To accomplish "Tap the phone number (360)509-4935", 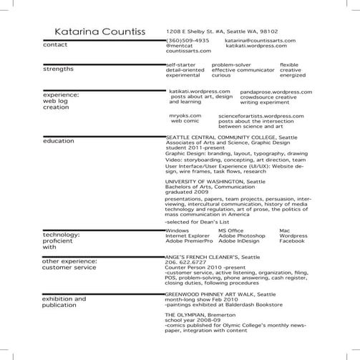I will point(188,41).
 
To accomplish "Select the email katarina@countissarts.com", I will point(257,41).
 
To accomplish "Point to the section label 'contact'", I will point(56,45).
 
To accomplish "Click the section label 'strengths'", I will point(59,70).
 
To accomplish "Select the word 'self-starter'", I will point(181,64).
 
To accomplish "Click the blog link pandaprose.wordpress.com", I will point(276,92).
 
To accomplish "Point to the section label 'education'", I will point(59,141).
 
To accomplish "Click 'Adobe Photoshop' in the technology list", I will point(242,236).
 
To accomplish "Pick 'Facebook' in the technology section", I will point(292,241).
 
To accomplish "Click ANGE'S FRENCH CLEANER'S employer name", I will point(203,256).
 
